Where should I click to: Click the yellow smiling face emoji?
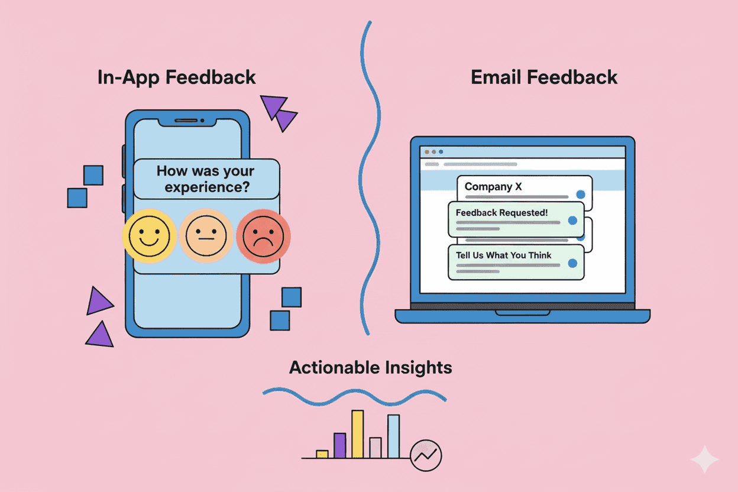(148, 235)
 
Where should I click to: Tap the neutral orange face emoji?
(206, 235)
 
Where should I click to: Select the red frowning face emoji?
(263, 235)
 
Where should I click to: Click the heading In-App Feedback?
(176, 77)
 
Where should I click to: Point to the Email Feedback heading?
(544, 77)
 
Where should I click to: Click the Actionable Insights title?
(371, 368)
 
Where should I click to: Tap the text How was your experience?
(206, 179)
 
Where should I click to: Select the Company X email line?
(493, 187)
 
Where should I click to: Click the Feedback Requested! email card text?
(501, 212)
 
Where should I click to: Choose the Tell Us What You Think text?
(503, 255)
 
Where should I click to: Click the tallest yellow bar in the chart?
(357, 434)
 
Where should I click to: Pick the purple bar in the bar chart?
(339, 445)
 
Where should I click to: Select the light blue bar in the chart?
(393, 436)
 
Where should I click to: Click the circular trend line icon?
(426, 455)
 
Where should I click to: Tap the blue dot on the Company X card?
(580, 194)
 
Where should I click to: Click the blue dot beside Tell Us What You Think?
(572, 264)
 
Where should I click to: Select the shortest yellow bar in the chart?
(322, 454)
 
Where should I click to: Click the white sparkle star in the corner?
(705, 459)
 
